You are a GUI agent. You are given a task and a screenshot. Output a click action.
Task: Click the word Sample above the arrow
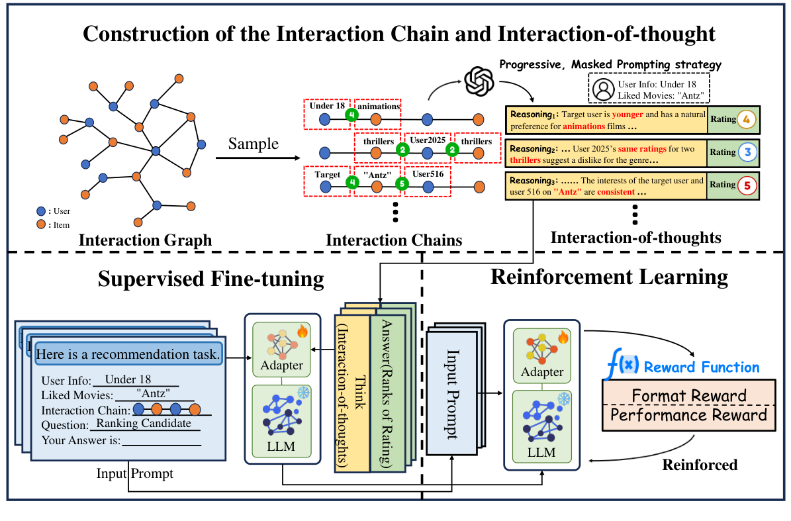pyautogui.click(x=253, y=144)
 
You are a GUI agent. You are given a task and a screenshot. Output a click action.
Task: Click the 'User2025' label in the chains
pyautogui.click(x=428, y=140)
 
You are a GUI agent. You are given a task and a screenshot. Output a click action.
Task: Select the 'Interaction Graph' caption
pyautogui.click(x=145, y=240)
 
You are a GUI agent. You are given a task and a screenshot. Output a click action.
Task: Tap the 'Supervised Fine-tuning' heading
pyautogui.click(x=210, y=279)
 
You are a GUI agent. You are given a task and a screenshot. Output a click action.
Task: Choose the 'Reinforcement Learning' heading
pyautogui.click(x=609, y=277)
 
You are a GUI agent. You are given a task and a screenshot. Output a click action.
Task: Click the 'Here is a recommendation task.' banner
pyautogui.click(x=128, y=355)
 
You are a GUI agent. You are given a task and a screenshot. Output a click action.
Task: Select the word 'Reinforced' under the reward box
pyautogui.click(x=700, y=465)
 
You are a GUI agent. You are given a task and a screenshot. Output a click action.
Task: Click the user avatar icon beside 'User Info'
pyautogui.click(x=603, y=89)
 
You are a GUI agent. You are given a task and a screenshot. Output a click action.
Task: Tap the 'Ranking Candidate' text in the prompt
pyautogui.click(x=144, y=424)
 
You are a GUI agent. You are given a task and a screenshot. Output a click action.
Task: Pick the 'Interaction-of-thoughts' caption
pyautogui.click(x=636, y=237)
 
